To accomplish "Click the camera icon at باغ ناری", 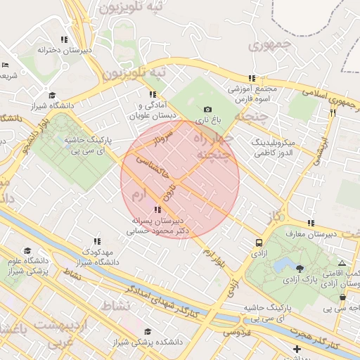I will (x=207, y=110).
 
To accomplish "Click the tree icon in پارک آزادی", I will (x=300, y=268).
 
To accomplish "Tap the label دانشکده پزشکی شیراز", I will (x=147, y=342).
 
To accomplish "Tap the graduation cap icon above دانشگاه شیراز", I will (x=51, y=95).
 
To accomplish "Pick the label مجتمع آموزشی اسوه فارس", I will (x=252, y=94).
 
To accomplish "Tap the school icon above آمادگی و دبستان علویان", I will (x=151, y=94).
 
